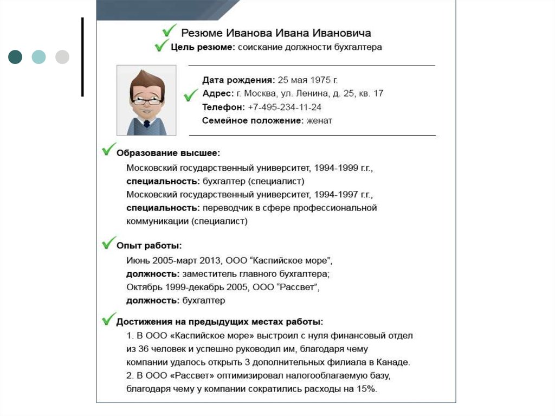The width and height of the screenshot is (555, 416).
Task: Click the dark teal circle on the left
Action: coord(15,57)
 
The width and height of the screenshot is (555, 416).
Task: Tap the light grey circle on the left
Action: coord(62,57)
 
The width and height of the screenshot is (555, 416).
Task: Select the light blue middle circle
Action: coord(38,57)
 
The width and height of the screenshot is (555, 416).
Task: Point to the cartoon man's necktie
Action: coord(146,124)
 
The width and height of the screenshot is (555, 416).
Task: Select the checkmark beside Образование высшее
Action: coord(108,149)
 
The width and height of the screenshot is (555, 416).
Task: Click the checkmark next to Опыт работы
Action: coord(108,242)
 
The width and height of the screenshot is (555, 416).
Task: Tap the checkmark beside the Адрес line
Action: coord(191,95)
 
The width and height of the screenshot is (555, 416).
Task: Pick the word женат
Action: coord(319,121)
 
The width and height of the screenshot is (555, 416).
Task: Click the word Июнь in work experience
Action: coord(138,260)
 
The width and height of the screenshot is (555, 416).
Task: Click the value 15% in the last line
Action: coord(366,389)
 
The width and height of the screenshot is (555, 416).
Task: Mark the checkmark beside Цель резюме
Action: coord(160,47)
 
